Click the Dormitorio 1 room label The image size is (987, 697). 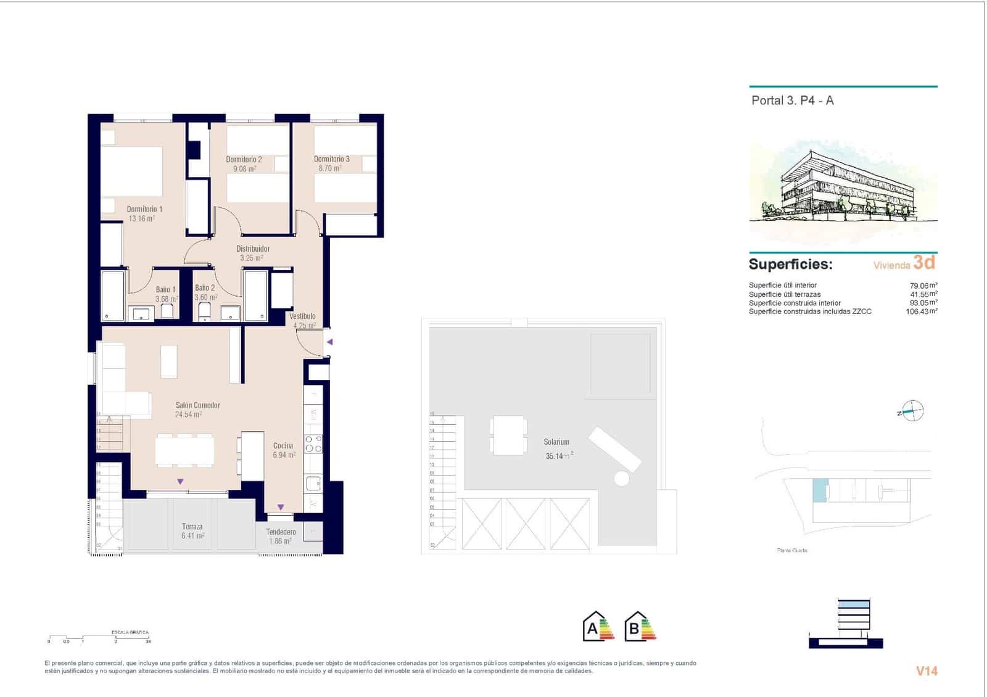coord(144,209)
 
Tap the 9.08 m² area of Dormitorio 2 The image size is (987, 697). coord(244,168)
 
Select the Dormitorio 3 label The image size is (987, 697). coord(331,159)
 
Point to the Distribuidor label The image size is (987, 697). coord(253,249)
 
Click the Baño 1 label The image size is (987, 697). coord(165,289)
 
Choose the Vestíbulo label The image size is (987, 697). coord(302,316)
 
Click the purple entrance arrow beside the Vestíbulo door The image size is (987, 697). coord(330,342)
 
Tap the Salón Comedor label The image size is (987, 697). coord(197,405)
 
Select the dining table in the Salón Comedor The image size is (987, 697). coord(184,450)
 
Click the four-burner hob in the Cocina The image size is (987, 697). coord(313,444)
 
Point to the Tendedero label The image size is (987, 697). coord(281,532)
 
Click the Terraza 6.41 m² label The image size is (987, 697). coord(192,531)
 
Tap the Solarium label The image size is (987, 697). coord(556,442)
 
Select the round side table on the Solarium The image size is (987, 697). coord(621,478)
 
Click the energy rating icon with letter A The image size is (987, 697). coord(598,627)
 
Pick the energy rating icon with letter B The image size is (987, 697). coord(640,627)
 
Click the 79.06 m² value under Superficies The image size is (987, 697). coord(923,286)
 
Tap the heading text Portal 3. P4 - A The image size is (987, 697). coord(792,101)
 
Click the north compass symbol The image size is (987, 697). coord(912,411)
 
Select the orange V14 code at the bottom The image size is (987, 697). coord(927,671)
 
